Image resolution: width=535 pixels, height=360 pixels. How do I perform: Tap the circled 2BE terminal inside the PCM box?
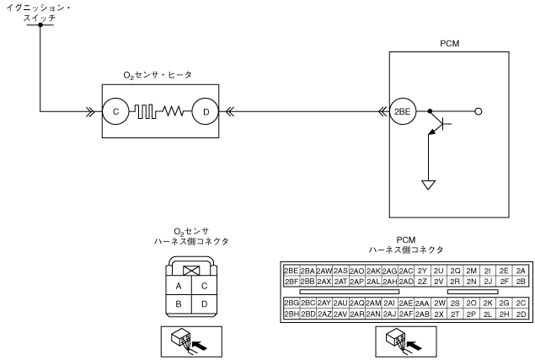404,110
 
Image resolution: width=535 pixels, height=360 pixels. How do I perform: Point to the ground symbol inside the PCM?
429,185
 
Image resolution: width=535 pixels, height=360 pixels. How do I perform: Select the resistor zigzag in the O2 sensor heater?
174,110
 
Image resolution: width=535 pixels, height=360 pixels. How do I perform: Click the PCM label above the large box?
449,42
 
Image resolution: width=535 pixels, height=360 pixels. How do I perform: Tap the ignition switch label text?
40,13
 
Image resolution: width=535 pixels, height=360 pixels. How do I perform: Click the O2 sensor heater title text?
158,75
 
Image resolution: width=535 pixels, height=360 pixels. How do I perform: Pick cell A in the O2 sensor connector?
178,286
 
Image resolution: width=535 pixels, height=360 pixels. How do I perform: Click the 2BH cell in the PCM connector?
292,314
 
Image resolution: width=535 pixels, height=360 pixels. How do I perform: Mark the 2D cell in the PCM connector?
521,314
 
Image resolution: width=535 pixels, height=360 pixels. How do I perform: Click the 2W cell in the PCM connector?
439,303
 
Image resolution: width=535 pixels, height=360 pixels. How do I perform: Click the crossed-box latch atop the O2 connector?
191,270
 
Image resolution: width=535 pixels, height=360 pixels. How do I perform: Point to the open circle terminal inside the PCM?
479,110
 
